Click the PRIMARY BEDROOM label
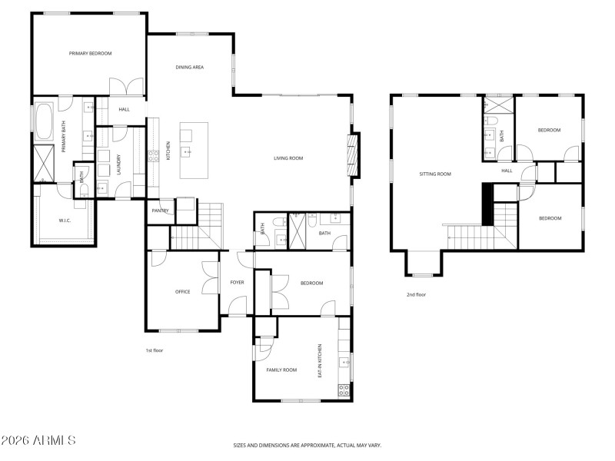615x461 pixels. (90, 53)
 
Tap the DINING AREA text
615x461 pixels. (189, 68)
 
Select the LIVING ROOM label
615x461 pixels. (288, 158)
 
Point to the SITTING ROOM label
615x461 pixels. (434, 174)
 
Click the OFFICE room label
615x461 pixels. (182, 291)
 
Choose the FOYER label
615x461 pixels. (237, 282)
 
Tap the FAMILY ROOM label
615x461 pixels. (281, 370)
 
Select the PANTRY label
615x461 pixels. (160, 210)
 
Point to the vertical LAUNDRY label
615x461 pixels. (119, 165)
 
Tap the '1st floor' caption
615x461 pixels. (154, 350)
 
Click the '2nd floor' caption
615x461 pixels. (416, 294)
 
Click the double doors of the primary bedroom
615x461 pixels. (125, 87)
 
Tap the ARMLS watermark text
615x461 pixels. (38, 440)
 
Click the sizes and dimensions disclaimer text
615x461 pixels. (307, 445)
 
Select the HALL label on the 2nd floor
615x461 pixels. (507, 171)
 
